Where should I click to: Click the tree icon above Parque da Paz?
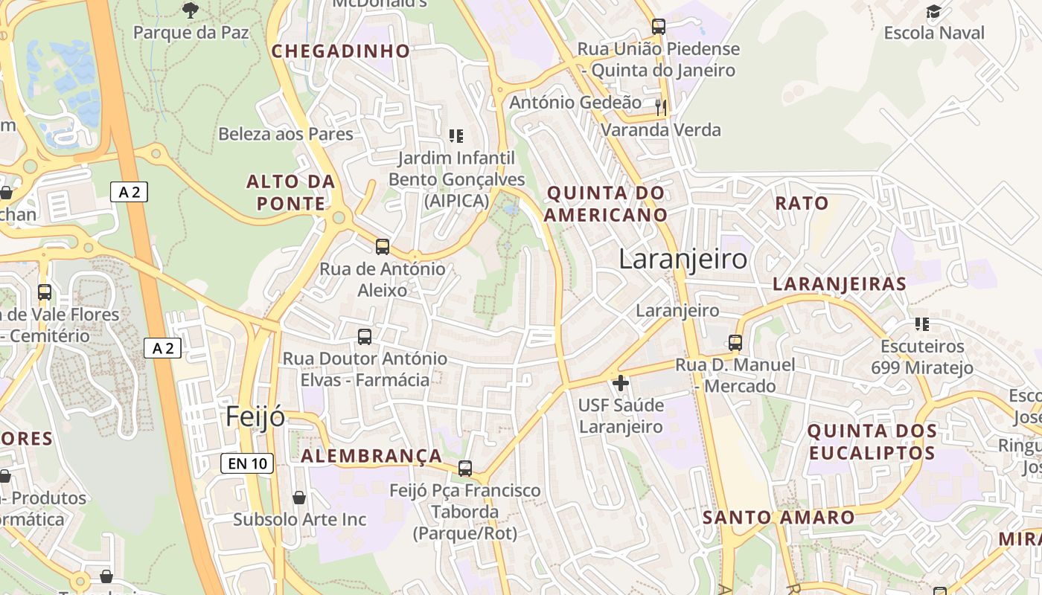[x=191, y=10]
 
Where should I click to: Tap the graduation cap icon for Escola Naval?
[x=933, y=11]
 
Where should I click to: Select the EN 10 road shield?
[x=248, y=463]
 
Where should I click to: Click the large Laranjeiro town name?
[x=683, y=259]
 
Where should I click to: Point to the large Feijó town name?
[x=255, y=416]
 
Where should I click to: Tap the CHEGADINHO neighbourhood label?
[x=341, y=51]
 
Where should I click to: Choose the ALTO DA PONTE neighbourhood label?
[x=291, y=193]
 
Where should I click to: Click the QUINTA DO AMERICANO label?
[x=607, y=204]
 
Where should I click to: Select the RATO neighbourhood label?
[x=802, y=203]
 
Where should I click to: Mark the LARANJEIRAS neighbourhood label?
[x=840, y=283]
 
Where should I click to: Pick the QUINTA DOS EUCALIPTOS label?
[x=872, y=442]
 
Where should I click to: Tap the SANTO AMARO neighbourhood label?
[x=779, y=517]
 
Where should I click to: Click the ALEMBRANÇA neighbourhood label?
[x=371, y=456]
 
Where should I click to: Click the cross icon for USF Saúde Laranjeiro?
[x=620, y=384]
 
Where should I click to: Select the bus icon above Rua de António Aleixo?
[x=383, y=247]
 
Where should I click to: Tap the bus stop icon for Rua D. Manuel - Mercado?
[x=735, y=343]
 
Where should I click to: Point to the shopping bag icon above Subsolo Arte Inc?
[x=299, y=497]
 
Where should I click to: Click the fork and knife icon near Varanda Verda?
[x=660, y=107]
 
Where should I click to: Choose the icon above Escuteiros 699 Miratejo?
[x=922, y=324]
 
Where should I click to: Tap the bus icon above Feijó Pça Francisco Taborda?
[x=465, y=469]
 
